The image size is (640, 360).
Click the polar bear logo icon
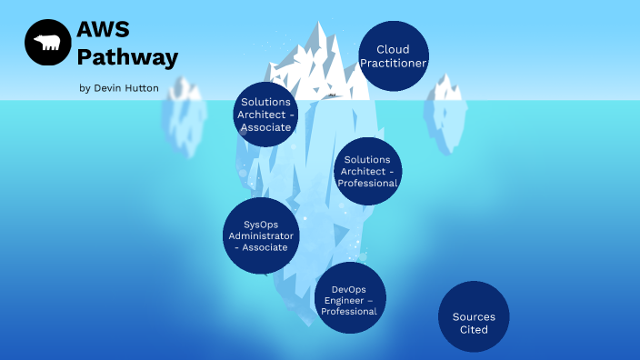[x=48, y=43]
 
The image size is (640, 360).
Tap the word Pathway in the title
[x=127, y=57]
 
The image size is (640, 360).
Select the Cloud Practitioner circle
[x=394, y=55]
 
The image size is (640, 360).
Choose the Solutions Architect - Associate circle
[x=266, y=114]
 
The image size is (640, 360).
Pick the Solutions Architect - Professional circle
[x=367, y=171]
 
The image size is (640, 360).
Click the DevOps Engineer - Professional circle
[x=349, y=299]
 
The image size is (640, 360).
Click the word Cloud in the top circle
[x=393, y=49]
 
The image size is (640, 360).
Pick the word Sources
[x=474, y=316]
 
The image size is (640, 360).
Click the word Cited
[x=474, y=329]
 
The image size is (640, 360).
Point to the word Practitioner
[x=394, y=63]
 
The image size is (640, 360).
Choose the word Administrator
[x=261, y=235]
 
